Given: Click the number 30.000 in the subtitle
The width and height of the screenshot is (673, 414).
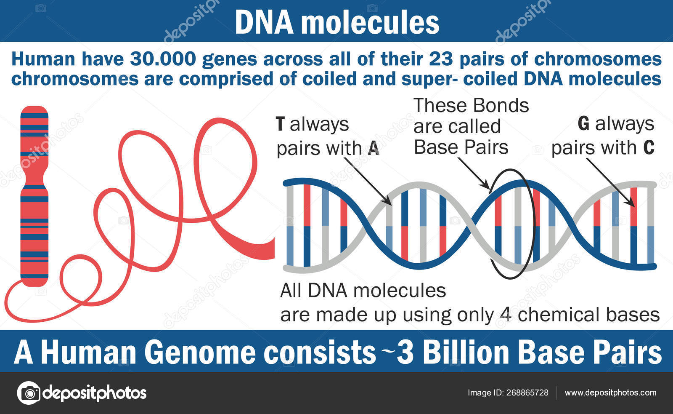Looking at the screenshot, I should click(163, 59).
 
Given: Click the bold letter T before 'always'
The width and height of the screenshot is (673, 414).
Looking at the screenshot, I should click(281, 124).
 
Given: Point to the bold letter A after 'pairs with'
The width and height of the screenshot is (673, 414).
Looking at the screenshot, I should click(374, 148).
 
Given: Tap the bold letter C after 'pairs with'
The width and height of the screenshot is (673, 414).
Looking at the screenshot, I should click(649, 148).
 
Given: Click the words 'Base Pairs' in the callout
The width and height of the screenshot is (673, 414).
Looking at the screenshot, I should click(461, 147).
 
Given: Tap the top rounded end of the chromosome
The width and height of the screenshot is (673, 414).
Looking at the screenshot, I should click(34, 110).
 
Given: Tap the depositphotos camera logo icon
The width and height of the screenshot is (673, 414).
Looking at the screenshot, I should click(29, 393).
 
